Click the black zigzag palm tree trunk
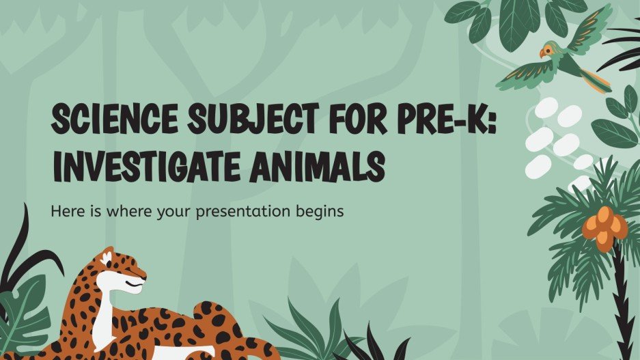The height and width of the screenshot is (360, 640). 620,301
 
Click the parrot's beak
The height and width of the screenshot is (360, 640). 541,53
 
